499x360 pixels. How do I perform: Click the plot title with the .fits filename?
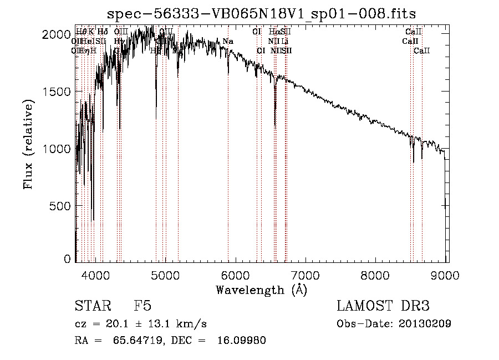[x=261, y=14]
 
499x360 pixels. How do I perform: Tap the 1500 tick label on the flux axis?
[x=56, y=92]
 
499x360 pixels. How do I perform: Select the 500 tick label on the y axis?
[x=60, y=206]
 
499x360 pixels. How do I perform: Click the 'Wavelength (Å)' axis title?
[x=261, y=290]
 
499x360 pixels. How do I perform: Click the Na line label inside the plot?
[x=228, y=42]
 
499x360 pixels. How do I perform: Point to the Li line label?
[x=285, y=42]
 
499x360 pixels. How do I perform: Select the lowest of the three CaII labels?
[x=422, y=50]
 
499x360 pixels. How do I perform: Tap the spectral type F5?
[x=143, y=307]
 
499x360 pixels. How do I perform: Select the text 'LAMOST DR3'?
[x=383, y=307]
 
